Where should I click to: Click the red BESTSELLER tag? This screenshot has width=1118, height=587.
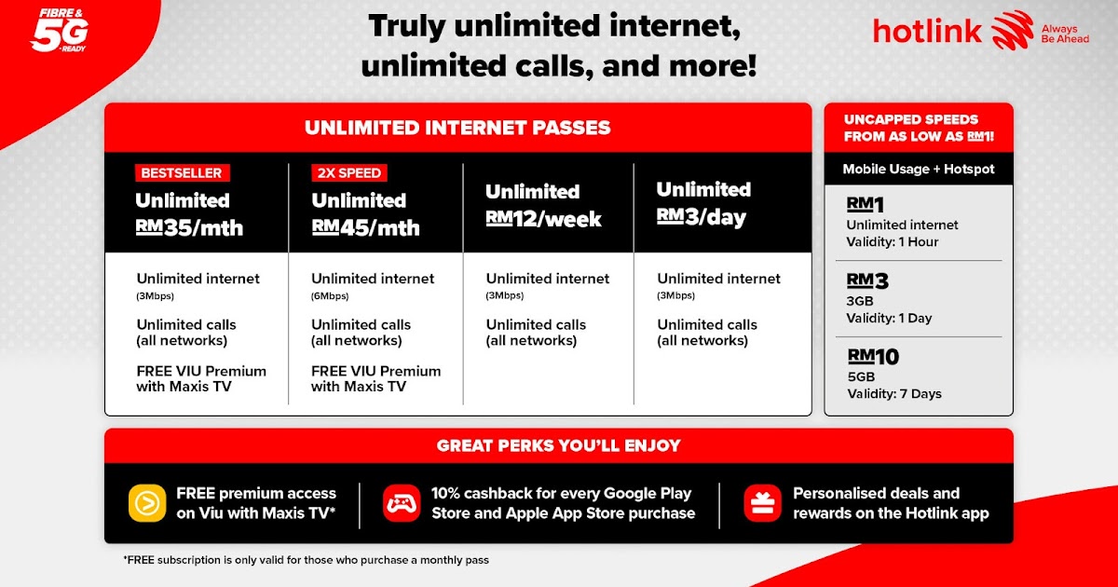coord(182,172)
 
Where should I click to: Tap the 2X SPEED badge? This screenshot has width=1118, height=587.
coord(348,172)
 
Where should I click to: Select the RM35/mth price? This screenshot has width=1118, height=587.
coord(189,227)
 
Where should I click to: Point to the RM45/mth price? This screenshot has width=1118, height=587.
coord(365,227)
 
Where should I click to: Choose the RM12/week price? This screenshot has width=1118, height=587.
coord(543,219)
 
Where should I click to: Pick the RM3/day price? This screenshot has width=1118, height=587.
coord(701,217)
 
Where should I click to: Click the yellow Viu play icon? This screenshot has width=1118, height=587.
coord(147,503)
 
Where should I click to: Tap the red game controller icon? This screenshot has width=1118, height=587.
coord(402,503)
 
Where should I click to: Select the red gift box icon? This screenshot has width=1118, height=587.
coord(762,503)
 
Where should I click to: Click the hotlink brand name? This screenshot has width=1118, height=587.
coord(927,32)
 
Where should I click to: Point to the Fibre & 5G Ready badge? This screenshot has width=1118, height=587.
coord(59,31)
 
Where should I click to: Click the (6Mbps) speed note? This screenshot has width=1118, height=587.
coord(330,296)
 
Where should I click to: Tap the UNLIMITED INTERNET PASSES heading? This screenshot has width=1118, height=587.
coord(457,128)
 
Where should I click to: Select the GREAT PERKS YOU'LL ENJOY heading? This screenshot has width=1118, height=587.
coord(558,445)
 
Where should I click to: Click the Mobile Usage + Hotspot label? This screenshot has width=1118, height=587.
coord(919,169)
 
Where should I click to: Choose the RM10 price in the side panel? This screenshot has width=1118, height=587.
coord(873,356)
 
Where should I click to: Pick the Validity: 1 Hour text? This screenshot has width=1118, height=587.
coord(893,242)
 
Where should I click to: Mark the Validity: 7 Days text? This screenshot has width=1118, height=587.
coord(894,394)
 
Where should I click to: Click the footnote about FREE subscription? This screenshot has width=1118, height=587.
coord(306,560)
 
